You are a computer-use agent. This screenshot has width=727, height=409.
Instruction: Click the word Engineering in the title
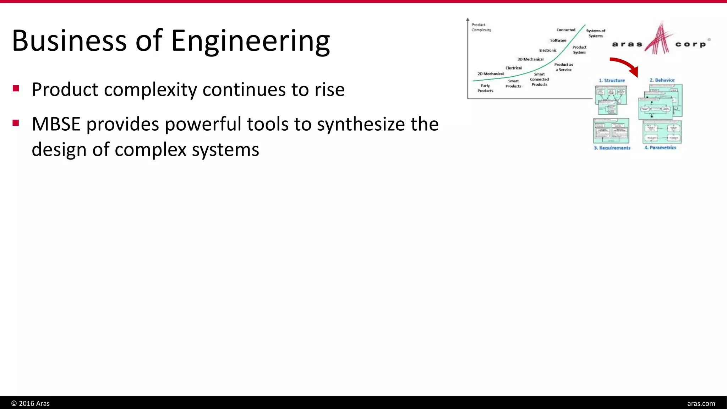(250, 41)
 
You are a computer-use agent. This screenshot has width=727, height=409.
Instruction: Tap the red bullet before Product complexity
(16, 88)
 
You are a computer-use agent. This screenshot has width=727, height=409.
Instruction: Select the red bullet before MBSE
(16, 123)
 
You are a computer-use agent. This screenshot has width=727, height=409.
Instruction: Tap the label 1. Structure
(612, 81)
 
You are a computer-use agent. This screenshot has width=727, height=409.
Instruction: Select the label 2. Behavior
(662, 80)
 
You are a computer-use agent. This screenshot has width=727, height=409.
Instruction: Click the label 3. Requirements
(612, 148)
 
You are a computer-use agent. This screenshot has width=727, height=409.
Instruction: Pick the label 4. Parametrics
(660, 148)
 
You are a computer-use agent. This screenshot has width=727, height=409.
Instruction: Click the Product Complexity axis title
(481, 27)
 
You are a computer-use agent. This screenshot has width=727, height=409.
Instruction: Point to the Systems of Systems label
(595, 33)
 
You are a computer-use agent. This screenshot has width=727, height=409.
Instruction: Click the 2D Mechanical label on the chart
(490, 74)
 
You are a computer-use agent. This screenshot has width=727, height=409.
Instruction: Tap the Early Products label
(485, 88)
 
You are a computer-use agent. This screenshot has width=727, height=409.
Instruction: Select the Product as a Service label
(563, 67)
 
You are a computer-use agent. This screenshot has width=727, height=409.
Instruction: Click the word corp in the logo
(690, 44)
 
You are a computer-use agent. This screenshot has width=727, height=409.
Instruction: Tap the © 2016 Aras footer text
(31, 403)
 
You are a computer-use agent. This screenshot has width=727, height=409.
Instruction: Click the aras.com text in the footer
(701, 403)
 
